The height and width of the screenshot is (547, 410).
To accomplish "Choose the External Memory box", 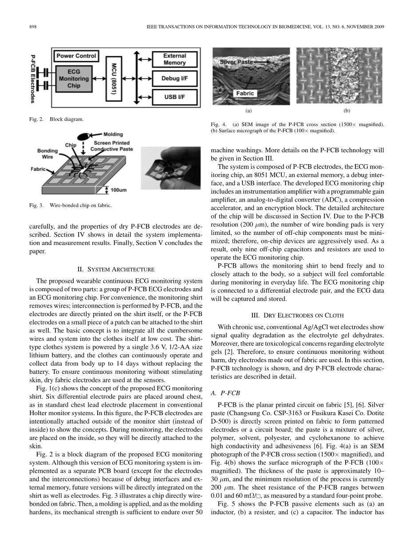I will click(x=174, y=59).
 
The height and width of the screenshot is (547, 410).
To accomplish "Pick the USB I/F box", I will click(x=174, y=96).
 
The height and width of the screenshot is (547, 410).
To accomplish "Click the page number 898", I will click(x=32, y=27).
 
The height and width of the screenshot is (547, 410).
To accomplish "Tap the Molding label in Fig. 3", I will click(x=113, y=134).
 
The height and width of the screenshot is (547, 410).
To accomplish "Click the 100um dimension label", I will click(x=118, y=190).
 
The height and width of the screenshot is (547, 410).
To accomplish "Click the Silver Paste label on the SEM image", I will click(x=235, y=63).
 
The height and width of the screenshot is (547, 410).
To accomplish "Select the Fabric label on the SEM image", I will click(x=245, y=93).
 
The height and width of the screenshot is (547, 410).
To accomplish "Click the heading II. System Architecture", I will click(x=116, y=269).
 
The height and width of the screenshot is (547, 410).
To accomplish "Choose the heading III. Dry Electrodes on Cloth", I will click(x=297, y=315).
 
